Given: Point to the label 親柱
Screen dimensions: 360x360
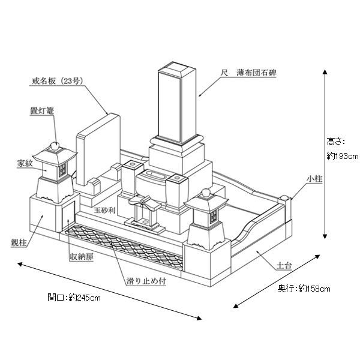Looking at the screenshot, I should click(x=20, y=242).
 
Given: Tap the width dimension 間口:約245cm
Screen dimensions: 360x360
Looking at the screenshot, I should click(x=74, y=296).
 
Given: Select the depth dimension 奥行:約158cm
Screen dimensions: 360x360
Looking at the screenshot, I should click(x=304, y=289).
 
